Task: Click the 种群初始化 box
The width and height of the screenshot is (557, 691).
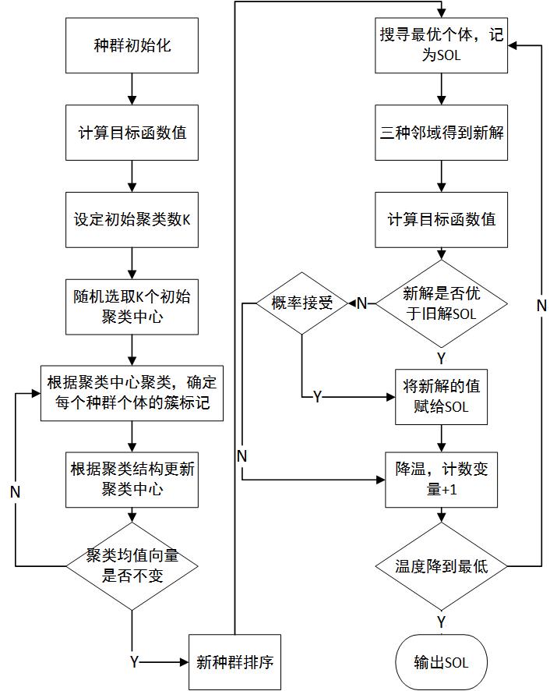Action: (132, 45)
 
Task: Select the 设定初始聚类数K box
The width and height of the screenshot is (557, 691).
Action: (132, 218)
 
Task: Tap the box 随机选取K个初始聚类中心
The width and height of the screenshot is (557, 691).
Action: (132, 305)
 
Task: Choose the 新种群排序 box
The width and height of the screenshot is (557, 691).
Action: (234, 662)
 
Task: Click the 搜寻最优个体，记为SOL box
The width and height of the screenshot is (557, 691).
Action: (442, 46)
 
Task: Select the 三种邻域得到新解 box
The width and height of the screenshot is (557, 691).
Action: (442, 133)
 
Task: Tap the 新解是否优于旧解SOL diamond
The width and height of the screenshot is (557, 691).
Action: (442, 303)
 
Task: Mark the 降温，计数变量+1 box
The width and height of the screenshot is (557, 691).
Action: (442, 478)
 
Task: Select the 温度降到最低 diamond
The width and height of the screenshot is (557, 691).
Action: (442, 565)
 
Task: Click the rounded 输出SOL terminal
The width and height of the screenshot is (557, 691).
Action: (442, 662)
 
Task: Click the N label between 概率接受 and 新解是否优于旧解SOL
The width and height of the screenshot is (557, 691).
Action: (361, 303)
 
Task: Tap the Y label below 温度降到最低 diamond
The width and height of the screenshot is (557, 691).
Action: (442, 621)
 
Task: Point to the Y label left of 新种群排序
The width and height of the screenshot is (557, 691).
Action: (134, 662)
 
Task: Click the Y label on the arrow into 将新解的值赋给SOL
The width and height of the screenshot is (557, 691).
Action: (317, 396)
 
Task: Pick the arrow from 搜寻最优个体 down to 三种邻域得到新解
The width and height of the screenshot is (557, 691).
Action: (442, 88)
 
